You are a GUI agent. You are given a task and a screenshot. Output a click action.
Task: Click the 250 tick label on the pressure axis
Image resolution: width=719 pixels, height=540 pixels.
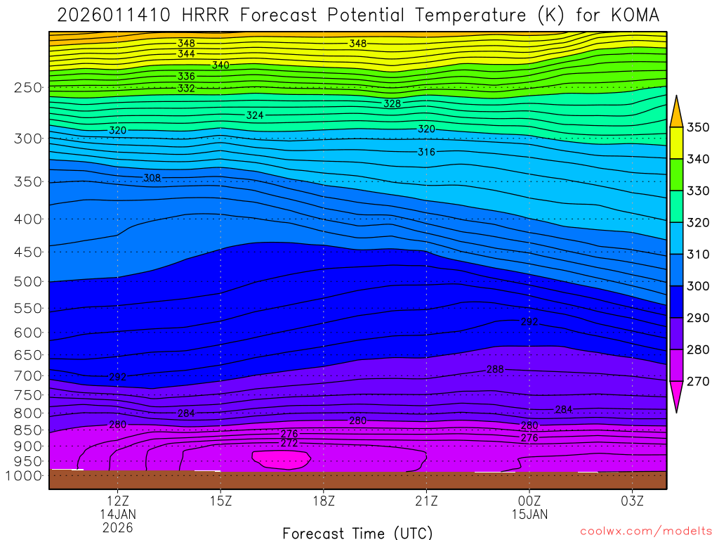[x=28, y=88]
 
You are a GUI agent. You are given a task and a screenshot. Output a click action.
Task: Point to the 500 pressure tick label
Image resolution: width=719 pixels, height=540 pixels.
[x=28, y=282]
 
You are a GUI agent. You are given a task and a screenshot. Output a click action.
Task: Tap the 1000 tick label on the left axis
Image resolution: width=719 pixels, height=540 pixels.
[x=25, y=476]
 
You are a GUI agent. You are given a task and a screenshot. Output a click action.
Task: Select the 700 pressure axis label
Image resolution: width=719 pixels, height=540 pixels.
[x=28, y=376]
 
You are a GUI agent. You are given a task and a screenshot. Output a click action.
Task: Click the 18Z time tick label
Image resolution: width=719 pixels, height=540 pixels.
[x=323, y=501]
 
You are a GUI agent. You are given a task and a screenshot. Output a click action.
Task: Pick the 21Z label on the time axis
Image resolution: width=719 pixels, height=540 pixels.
[x=426, y=501]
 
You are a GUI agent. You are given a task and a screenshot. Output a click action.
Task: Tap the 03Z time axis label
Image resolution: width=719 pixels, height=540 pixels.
[x=632, y=501]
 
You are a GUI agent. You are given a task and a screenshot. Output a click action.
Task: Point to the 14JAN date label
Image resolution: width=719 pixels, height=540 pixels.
[x=117, y=514]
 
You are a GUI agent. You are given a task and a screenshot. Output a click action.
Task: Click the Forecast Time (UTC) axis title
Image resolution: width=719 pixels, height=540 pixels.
[x=357, y=532]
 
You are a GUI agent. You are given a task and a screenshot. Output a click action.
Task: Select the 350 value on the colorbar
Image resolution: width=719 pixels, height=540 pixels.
[x=697, y=128]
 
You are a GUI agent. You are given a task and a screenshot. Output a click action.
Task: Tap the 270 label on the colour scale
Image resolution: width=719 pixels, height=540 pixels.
[x=697, y=382]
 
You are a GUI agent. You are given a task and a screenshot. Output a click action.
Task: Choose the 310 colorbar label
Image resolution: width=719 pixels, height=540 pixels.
[x=697, y=255]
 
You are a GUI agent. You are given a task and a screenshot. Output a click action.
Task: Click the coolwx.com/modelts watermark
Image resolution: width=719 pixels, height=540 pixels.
[x=646, y=531]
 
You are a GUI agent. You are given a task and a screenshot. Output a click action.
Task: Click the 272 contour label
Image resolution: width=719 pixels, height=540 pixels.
[x=289, y=444]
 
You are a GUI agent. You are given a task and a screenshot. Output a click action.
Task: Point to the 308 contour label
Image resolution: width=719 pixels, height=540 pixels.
[x=152, y=178]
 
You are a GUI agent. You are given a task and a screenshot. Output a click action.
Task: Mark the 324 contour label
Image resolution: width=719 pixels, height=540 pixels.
[x=255, y=115]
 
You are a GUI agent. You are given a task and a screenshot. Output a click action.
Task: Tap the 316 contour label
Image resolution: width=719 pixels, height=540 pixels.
[x=426, y=152]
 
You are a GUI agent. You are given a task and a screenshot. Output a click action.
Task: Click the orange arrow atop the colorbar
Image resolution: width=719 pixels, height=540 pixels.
[x=677, y=112]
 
